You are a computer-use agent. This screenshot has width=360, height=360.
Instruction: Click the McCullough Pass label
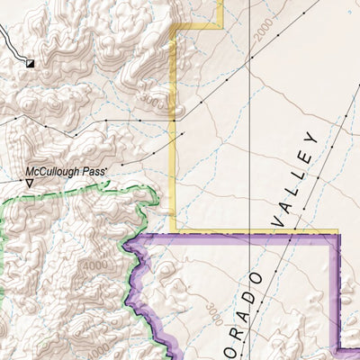click(67, 170)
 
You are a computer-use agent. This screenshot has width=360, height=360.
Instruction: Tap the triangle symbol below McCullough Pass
click(30, 184)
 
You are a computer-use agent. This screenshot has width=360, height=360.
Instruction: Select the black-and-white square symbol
click(30, 64)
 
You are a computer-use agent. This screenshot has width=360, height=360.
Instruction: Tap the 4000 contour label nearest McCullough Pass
click(91, 268)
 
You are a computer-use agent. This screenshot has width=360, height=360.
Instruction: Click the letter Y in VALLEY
click(311, 140)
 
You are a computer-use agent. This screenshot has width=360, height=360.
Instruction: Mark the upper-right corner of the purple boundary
click(338, 234)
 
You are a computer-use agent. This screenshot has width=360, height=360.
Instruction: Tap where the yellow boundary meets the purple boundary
click(175, 233)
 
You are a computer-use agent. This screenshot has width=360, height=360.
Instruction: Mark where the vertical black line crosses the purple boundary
click(249, 233)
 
